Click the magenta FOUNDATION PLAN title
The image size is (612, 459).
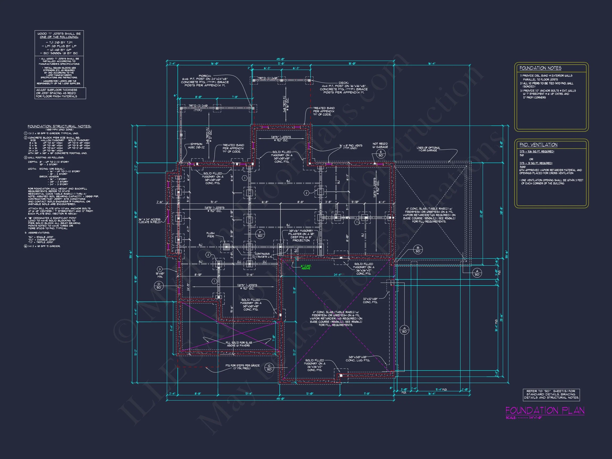[x=545, y=411]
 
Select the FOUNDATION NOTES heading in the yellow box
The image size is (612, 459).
[x=540, y=68]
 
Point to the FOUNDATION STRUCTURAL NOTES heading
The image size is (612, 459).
[x=59, y=126]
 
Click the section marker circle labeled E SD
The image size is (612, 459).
[x=381, y=154]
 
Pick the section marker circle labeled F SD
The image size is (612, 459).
[x=260, y=234]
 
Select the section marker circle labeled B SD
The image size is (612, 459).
[x=418, y=250]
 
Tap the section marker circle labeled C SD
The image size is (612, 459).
[x=269, y=368]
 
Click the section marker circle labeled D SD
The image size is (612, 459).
[x=159, y=286]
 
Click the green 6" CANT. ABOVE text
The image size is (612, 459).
[x=306, y=267]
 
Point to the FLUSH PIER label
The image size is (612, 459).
[x=210, y=235]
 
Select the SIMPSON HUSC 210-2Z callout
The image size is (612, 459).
[x=196, y=146]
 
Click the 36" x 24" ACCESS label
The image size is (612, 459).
[x=150, y=220]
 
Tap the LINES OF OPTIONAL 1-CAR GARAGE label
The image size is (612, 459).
[x=428, y=149]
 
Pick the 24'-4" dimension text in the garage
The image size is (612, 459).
[x=337, y=275]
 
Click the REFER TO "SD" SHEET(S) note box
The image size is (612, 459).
[x=551, y=394]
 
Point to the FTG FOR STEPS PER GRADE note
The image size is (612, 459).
[x=242, y=367]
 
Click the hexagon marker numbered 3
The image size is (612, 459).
[x=160, y=269]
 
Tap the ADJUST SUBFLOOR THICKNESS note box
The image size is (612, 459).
[x=60, y=93]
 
